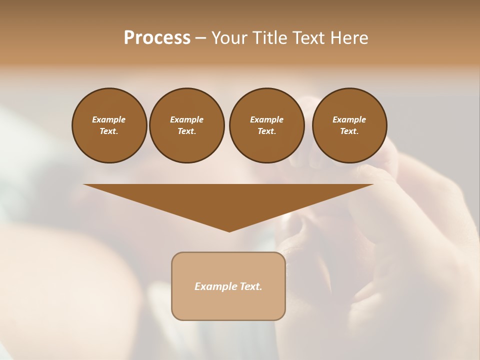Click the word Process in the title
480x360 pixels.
point(157,38)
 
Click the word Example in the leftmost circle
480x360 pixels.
point(109,119)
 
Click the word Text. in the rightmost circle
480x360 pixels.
point(349,131)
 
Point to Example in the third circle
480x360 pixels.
point(266,119)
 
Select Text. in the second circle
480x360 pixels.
point(186,131)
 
